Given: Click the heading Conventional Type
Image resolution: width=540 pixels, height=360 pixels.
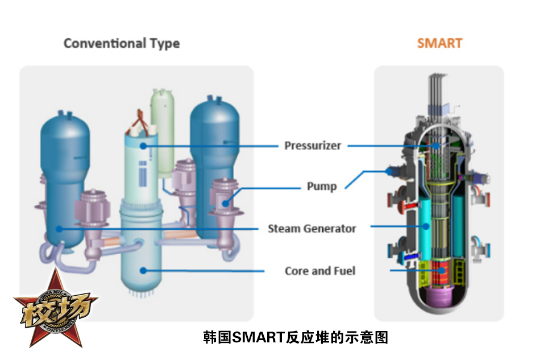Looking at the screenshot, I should click(122, 43).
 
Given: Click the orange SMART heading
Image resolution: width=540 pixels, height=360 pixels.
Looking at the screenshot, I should click(439, 43).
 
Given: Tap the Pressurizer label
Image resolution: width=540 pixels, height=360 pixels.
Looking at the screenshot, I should click(313, 146).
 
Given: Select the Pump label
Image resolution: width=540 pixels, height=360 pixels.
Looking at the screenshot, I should click(322, 186).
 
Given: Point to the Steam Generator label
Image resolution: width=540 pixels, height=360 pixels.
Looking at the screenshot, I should click(312, 229).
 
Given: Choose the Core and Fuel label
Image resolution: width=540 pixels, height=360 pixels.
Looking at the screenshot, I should click(320, 271).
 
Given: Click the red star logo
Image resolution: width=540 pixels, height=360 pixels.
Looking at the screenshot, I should click(56, 308).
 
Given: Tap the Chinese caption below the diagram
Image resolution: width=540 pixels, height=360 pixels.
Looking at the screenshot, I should click(296, 337).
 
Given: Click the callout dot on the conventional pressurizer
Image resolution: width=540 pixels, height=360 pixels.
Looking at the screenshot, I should click(143, 146).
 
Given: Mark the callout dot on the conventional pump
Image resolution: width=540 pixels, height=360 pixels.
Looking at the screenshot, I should click(226, 202).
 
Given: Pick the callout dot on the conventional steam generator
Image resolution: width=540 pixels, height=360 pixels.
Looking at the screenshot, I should click(59, 229).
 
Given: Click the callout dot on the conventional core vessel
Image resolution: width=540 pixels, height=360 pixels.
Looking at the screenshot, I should click(143, 271).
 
